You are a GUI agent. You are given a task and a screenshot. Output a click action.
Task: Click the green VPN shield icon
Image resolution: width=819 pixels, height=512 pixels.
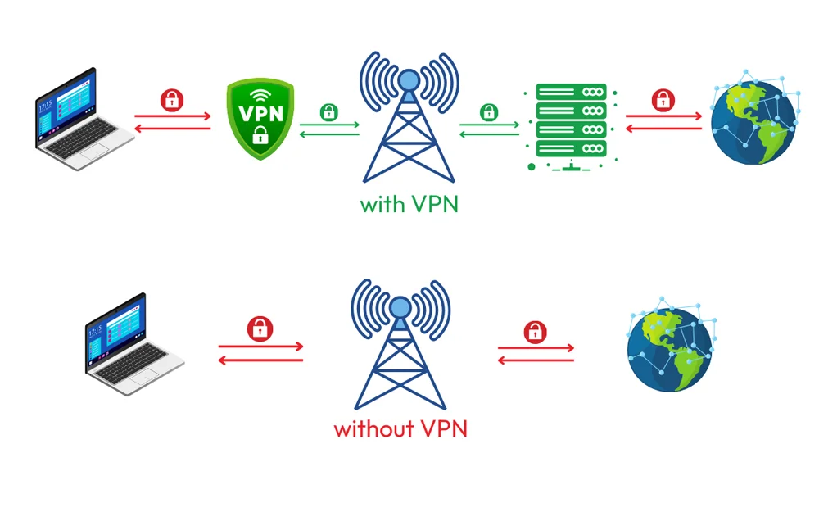[x=260, y=118]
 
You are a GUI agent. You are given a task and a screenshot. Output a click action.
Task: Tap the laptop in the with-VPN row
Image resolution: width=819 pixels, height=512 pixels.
[x=84, y=120]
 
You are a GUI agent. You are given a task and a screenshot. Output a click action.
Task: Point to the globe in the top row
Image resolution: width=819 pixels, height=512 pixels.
[x=752, y=118]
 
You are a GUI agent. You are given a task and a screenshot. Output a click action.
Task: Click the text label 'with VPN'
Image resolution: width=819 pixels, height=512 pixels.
[x=409, y=203]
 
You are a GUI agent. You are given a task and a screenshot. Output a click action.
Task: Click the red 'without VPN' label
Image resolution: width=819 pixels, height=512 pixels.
[x=400, y=428]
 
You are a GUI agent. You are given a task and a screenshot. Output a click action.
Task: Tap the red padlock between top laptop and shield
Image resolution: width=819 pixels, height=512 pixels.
[x=172, y=101]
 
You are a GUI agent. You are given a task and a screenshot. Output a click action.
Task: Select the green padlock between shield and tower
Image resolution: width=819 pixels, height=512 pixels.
[x=329, y=111]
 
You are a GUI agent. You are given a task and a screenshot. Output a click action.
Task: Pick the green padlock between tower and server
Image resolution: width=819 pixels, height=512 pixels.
[x=489, y=111]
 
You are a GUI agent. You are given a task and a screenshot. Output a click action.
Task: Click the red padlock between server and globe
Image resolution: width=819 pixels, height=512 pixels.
[x=663, y=101]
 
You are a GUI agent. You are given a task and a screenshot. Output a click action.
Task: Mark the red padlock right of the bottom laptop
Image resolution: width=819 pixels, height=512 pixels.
[x=260, y=328]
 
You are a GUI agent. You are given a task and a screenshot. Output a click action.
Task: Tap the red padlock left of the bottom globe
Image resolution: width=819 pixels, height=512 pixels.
[x=535, y=332]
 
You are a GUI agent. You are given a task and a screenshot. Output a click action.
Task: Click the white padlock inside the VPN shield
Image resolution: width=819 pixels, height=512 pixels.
[x=260, y=136]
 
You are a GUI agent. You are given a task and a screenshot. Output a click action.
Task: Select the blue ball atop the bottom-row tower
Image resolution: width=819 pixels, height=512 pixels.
[x=399, y=307]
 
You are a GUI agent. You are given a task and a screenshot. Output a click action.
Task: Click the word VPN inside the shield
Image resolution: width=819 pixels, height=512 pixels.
[x=260, y=113]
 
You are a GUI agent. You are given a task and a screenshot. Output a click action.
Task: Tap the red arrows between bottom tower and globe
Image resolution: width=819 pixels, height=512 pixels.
[x=536, y=353]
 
